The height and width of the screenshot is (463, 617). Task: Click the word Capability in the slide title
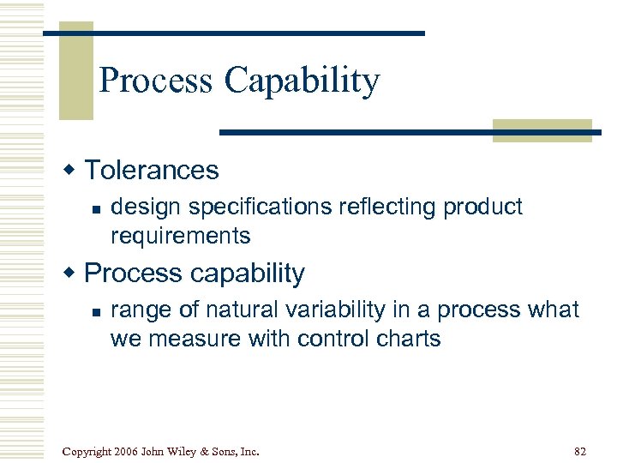coord(302,81)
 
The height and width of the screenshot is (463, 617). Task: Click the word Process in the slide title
coord(156,81)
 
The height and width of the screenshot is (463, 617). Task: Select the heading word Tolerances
coord(152,170)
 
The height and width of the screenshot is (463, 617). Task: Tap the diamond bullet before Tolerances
coord(71,170)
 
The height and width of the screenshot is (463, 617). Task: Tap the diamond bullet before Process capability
coord(71,273)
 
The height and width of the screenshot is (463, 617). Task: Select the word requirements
coord(180,236)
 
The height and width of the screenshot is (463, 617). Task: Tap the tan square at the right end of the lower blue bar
coord(542,130)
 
